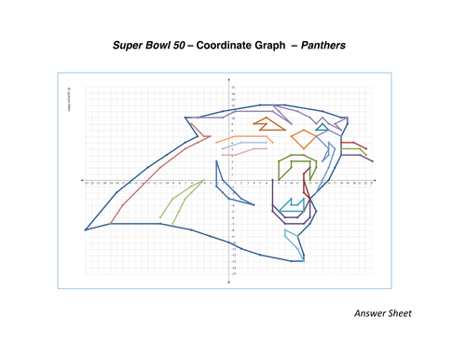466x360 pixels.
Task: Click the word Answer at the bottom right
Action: [x=375, y=313]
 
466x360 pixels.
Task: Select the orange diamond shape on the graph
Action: [x=303, y=139]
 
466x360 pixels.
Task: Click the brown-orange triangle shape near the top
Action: [x=268, y=121]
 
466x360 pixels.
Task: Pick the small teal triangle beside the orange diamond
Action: [x=322, y=125]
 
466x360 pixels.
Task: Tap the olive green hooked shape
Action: [x=294, y=168]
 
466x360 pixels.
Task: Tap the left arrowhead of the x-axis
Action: [x=82, y=180]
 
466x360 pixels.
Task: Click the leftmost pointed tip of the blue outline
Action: [x=85, y=229]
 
